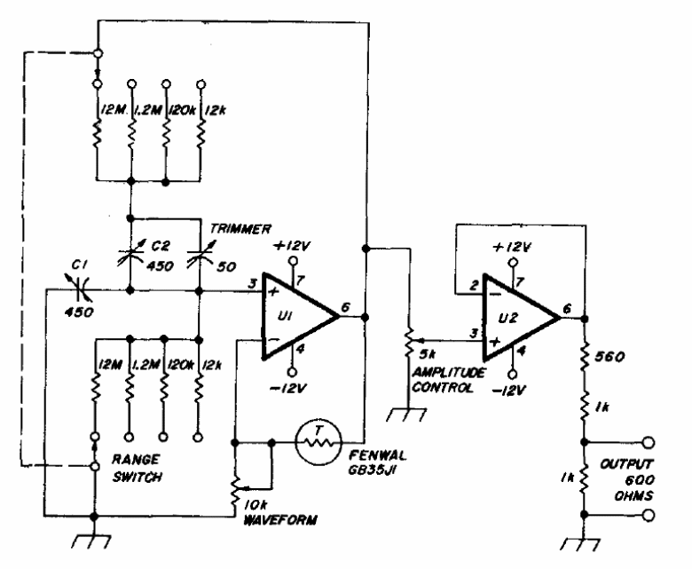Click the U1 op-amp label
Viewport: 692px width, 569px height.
point(285,316)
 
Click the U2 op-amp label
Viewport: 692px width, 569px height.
point(508,319)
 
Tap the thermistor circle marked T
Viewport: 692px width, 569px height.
point(318,442)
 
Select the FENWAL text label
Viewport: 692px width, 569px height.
point(378,455)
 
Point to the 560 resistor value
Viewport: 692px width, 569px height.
point(609,357)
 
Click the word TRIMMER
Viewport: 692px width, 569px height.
point(240,229)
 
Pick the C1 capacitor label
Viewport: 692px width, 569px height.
point(80,265)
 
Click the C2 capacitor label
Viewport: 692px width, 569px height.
point(161,246)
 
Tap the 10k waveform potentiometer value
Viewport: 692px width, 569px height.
point(256,505)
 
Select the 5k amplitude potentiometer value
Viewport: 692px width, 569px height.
point(428,353)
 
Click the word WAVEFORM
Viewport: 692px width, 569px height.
point(279,520)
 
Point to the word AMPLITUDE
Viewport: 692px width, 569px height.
point(448,373)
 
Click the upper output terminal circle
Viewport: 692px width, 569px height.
point(649,442)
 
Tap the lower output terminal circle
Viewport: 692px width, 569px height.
point(649,515)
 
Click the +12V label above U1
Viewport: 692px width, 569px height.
point(292,246)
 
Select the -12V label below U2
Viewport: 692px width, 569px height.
point(509,391)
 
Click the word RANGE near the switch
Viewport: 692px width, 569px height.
point(136,460)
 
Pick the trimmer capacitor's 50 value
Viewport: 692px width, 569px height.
point(226,266)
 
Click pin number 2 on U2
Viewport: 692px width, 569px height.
point(474,286)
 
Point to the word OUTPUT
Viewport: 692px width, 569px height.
point(626,464)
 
